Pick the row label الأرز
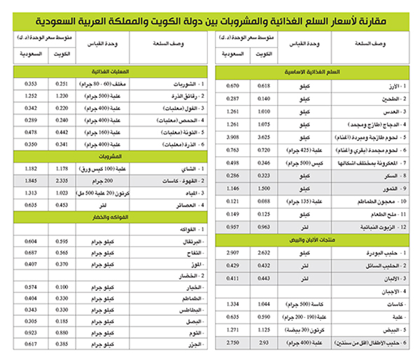388,85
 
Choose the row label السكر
387,174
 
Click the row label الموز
190,264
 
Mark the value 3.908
233,137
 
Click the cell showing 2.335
64,180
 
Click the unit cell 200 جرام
106,180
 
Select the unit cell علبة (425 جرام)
302,149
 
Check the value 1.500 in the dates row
265,188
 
